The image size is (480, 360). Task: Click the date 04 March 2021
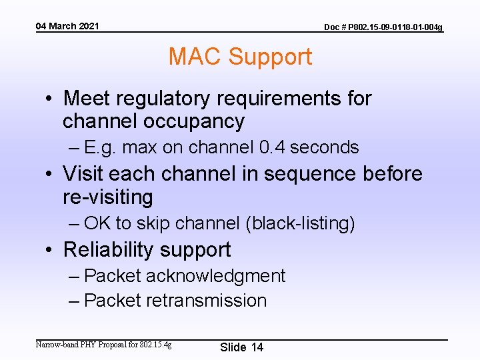(x=67, y=26)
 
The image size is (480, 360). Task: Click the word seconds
(x=325, y=147)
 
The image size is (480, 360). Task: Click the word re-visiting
(x=108, y=197)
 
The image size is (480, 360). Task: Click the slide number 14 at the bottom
(x=257, y=347)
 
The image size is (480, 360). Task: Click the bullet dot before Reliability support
(x=50, y=251)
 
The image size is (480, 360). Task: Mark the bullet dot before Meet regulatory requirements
(x=50, y=99)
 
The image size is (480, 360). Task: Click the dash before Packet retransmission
(x=75, y=301)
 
